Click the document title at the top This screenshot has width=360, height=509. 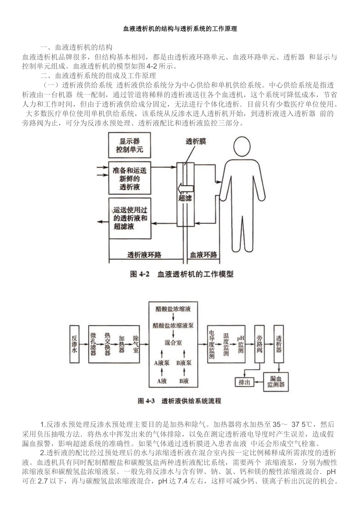coord(180,29)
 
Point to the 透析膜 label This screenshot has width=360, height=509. coord(196,141)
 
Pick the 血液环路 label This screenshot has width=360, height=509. coord(203,254)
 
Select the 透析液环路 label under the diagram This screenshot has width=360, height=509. coord(144,254)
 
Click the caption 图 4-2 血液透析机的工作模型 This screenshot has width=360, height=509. coord(182,274)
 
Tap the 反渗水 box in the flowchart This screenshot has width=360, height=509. coord(75,343)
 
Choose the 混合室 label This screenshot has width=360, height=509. coord(173,342)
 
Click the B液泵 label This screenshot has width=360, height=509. coord(184,362)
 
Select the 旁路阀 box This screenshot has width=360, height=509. coord(260,343)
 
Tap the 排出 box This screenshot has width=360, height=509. coord(244,382)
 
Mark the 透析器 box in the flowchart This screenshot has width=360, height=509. coord(279,343)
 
